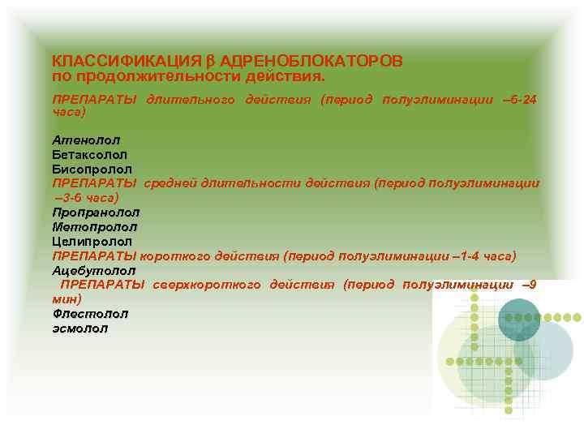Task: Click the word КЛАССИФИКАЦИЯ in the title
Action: click(x=127, y=61)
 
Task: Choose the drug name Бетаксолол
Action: click(x=90, y=154)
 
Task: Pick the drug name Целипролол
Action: click(x=92, y=242)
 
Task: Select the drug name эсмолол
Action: click(x=79, y=328)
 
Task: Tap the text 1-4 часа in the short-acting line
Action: click(x=483, y=256)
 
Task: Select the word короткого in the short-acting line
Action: click(x=182, y=256)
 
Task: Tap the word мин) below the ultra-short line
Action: click(x=67, y=298)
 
